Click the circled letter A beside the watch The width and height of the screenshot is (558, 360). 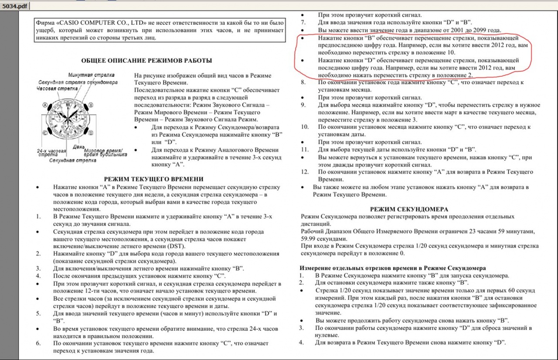(x=44, y=105)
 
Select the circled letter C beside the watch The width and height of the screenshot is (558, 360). (x=44, y=132)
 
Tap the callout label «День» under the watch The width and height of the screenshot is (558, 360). (x=78, y=146)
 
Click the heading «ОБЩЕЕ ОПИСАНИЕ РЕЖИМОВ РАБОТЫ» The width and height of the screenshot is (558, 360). (x=146, y=61)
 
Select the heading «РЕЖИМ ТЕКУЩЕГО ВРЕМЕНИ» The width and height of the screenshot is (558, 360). (x=154, y=179)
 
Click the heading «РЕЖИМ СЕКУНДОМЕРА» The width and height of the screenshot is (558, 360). (x=409, y=210)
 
